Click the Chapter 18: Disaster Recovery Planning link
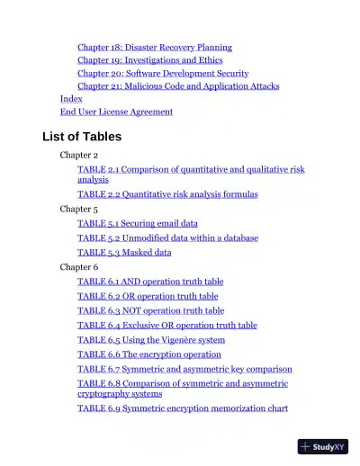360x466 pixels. (154, 47)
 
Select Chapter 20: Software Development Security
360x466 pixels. (163, 73)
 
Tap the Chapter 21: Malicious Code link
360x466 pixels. (178, 86)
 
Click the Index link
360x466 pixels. (71, 99)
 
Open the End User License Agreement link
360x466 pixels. (116, 112)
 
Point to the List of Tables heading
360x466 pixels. (82, 137)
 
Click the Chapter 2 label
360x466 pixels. (78, 156)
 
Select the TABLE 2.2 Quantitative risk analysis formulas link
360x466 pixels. (167, 194)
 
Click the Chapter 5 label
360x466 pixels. (78, 209)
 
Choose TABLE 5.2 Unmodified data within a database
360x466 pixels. (167, 238)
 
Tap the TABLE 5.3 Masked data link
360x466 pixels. (124, 253)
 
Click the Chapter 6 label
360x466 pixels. (78, 267)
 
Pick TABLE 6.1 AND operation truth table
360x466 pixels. (150, 282)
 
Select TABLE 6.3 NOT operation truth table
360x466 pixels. (150, 311)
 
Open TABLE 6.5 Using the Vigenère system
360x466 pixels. (151, 340)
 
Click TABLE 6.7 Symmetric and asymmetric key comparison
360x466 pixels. (184, 369)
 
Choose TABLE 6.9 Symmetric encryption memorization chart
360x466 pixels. (183, 408)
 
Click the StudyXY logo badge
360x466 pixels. (323, 446)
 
